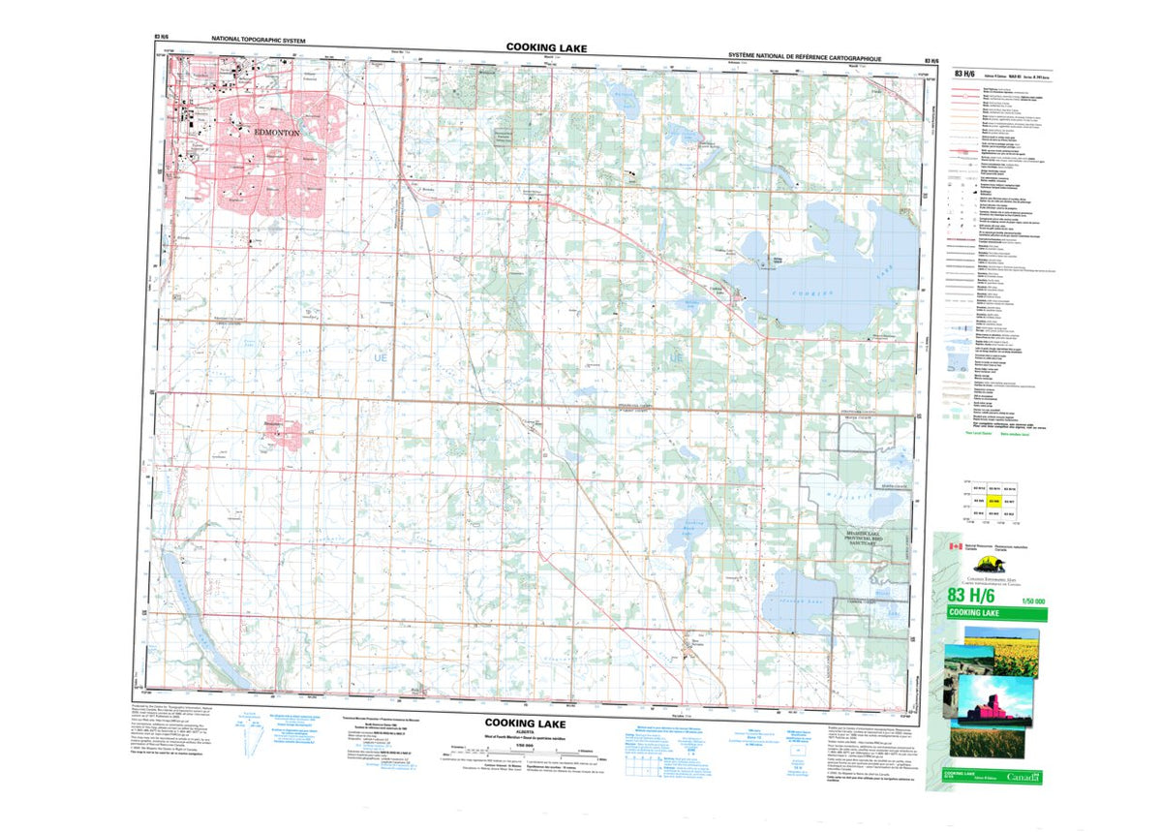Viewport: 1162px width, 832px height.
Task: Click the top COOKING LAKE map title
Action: coord(545,46)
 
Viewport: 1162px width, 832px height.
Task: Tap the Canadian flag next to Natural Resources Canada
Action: coord(954,546)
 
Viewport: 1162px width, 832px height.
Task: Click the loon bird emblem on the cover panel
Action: coord(989,565)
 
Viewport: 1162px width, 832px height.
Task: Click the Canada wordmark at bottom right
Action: coord(1024,777)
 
